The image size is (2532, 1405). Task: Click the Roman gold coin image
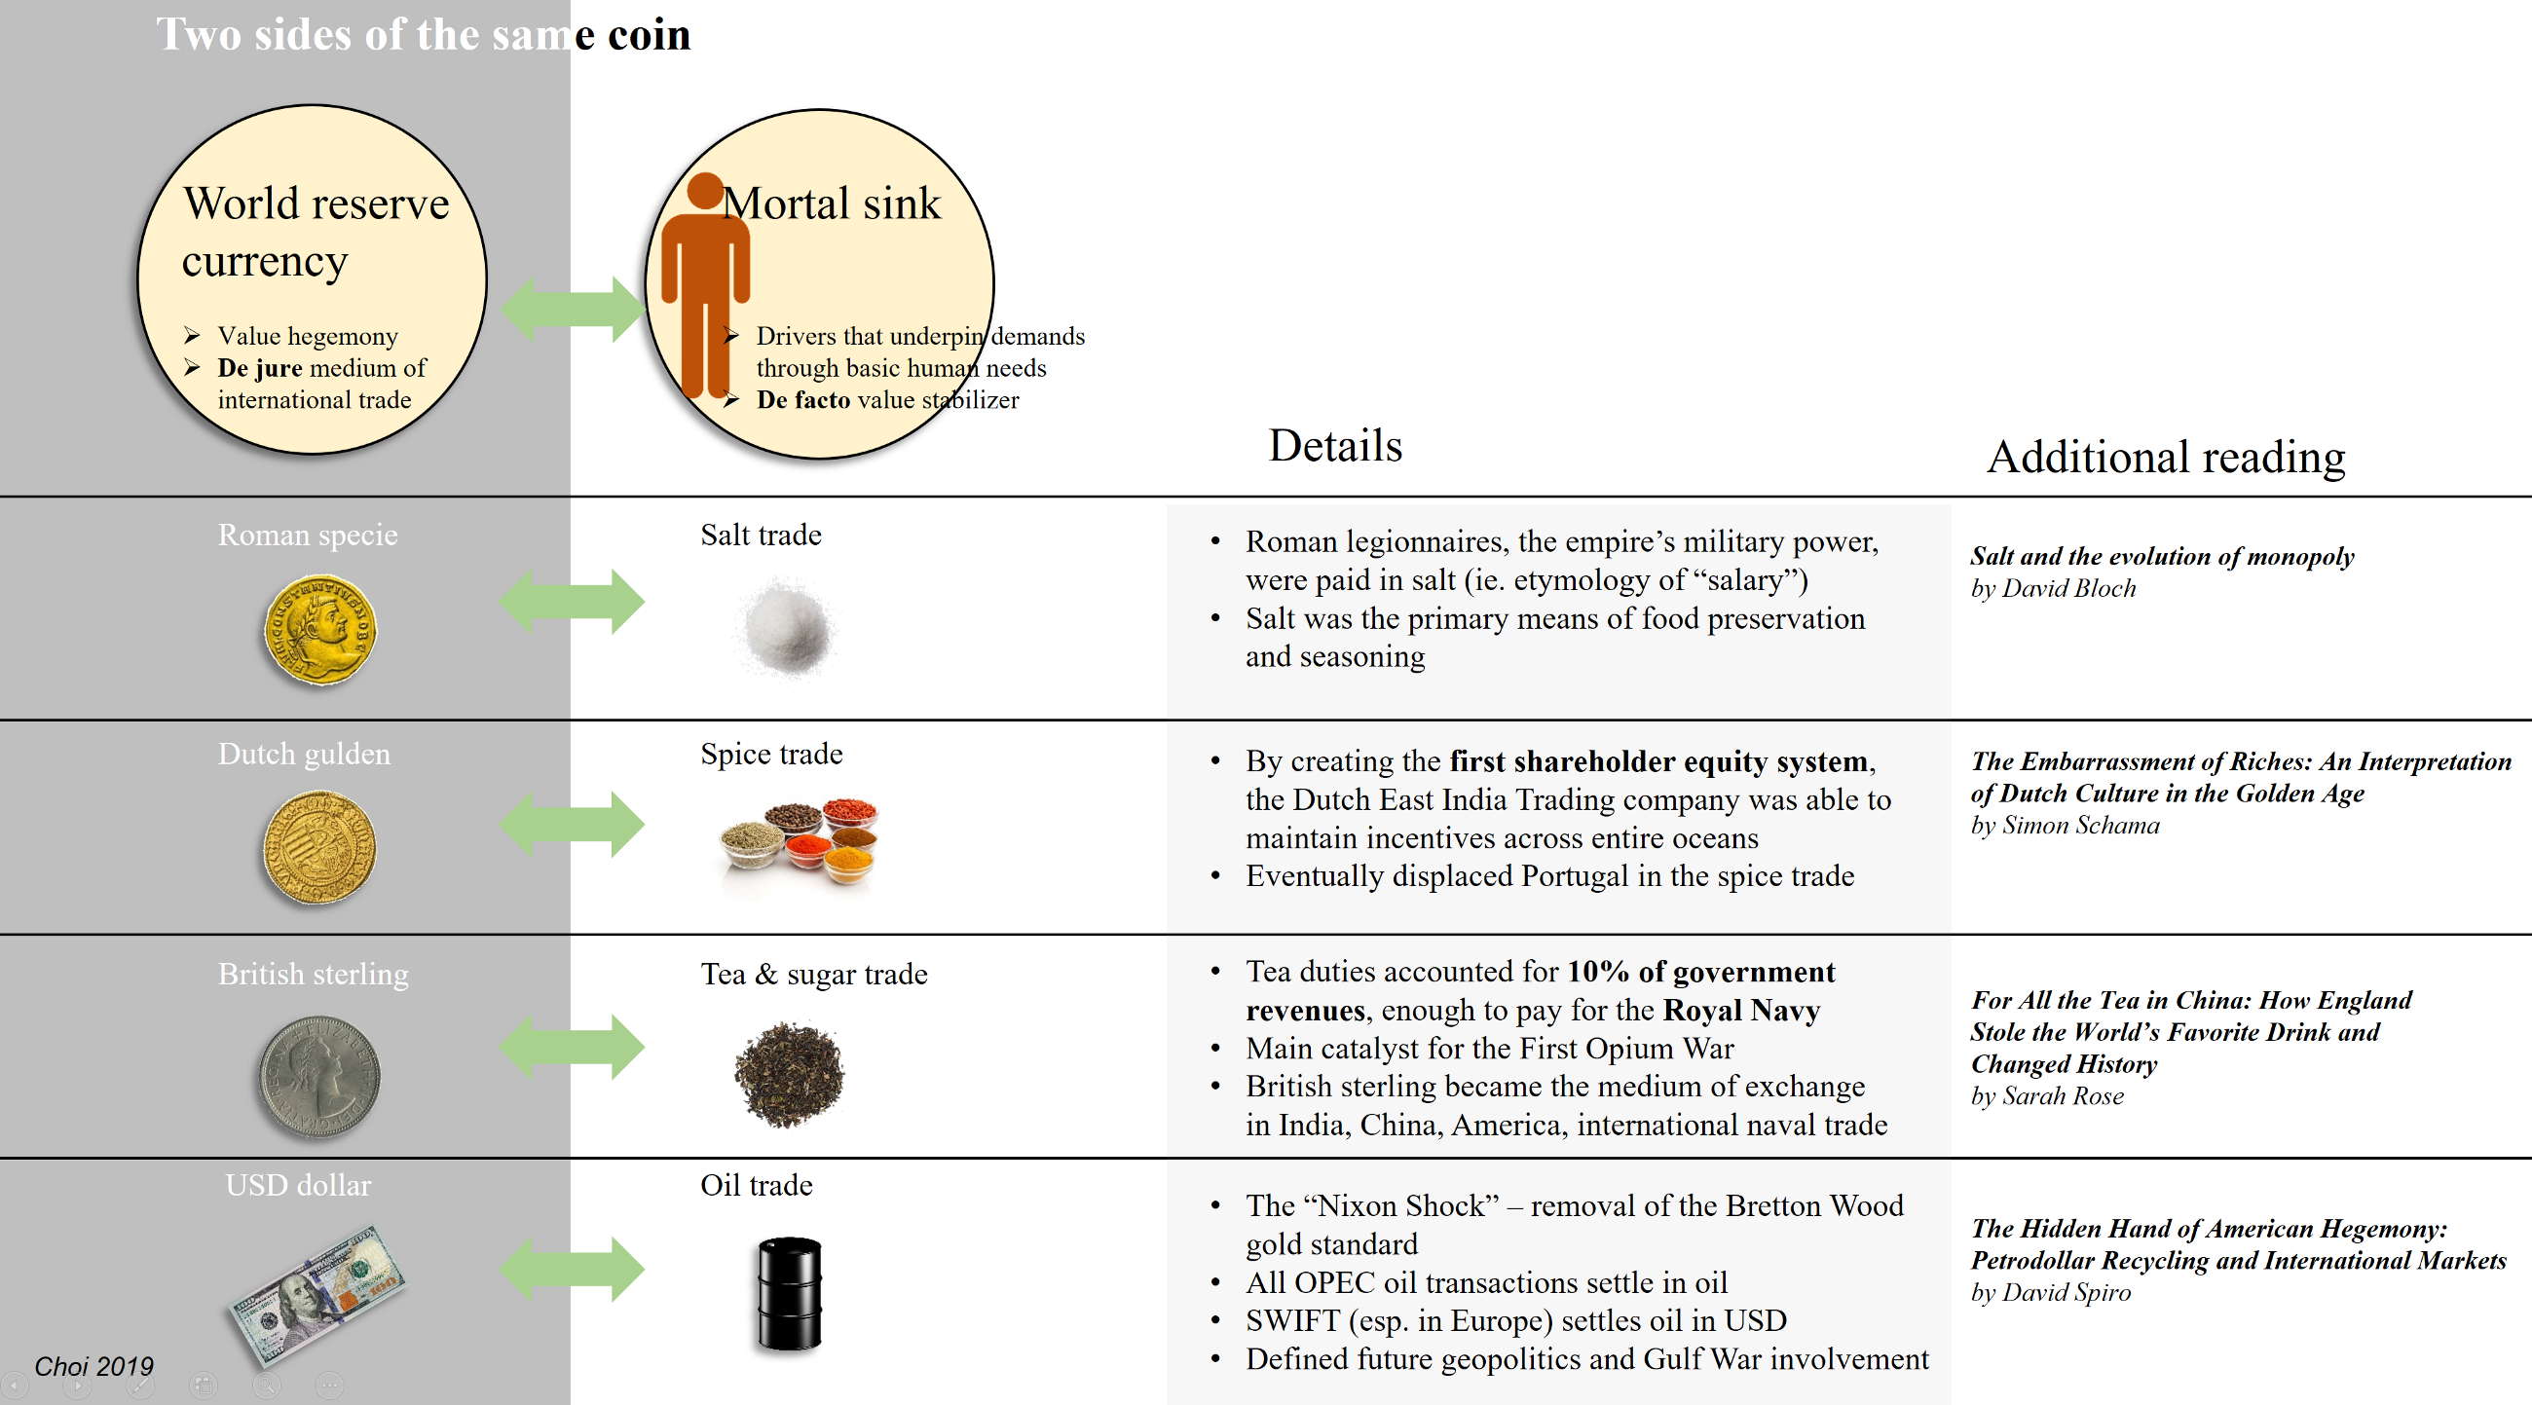319,630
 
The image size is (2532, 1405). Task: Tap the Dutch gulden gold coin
319,848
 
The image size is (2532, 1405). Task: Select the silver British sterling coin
318,1076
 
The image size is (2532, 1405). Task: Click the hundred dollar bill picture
317,1294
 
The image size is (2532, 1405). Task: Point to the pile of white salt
786,627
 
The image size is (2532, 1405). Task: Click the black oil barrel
789,1293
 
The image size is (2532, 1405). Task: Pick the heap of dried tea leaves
788,1074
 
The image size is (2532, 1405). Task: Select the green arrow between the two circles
572,309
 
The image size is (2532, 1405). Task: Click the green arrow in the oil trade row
572,1269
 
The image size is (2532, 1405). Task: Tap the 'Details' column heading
1335,445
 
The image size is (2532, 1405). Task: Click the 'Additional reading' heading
2166,457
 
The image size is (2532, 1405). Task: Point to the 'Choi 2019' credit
93,1366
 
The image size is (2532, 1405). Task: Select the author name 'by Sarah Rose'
2046,1095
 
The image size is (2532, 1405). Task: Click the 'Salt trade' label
760,535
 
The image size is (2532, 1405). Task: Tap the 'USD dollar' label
298,1185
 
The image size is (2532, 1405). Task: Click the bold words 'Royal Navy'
1741,1010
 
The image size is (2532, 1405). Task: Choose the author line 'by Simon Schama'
2065,826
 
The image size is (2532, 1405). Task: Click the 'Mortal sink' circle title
832,203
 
